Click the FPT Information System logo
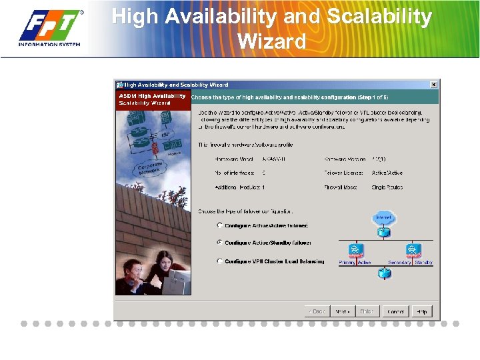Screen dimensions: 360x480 coord(50,28)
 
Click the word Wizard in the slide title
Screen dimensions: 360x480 coord(271,41)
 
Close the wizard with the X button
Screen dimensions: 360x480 coord(433,85)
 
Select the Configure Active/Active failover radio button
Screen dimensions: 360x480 coord(220,226)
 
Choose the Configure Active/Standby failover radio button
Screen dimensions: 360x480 coord(220,243)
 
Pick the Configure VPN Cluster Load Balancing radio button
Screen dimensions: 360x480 coord(220,261)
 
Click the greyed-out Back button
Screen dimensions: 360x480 coord(317,311)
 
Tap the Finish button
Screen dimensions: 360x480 coord(367,311)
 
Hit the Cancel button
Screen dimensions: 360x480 coord(395,311)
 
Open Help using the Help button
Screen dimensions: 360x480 coord(422,311)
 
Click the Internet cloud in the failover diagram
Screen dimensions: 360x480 coord(383,218)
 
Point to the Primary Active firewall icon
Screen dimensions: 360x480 coord(355,251)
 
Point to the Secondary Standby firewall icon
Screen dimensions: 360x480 coord(413,251)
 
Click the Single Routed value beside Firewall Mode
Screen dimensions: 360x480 coord(387,187)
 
